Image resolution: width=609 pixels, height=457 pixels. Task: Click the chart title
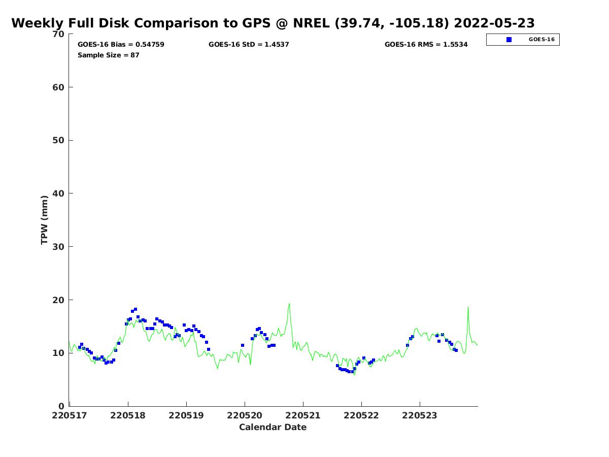[x=273, y=23]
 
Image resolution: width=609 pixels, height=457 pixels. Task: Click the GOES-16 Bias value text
[x=121, y=45]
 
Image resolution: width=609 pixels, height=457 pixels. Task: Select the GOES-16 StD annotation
[x=249, y=45]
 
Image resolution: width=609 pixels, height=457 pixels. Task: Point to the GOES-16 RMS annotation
[x=426, y=45]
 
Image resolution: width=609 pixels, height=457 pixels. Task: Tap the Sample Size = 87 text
[x=108, y=55]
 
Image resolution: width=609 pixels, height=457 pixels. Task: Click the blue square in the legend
[x=509, y=40]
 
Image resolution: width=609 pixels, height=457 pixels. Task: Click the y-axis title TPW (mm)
[x=45, y=220]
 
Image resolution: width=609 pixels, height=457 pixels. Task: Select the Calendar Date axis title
[x=273, y=428]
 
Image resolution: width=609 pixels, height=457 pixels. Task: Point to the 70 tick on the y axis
[x=59, y=34]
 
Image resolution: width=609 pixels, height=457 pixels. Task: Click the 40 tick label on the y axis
[x=59, y=193]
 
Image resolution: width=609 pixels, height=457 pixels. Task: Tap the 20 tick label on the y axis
[x=59, y=300]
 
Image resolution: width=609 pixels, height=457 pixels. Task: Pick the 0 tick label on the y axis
[x=61, y=406]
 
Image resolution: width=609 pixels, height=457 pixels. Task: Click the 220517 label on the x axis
[x=70, y=415]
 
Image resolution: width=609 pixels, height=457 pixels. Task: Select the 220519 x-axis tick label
[x=186, y=415]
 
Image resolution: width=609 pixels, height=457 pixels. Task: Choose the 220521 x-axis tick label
[x=303, y=415]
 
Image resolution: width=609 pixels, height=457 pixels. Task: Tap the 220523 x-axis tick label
[x=420, y=415]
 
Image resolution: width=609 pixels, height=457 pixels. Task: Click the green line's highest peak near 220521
[x=289, y=304]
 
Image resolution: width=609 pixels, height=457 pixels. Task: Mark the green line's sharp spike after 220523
[x=468, y=307]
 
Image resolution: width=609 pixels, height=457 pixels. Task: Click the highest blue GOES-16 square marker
[x=136, y=309]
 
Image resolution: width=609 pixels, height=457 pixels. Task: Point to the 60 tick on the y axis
[x=59, y=87]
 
